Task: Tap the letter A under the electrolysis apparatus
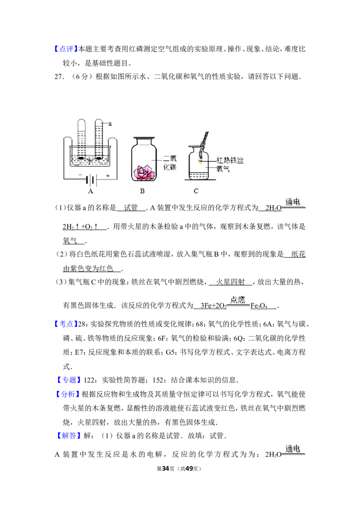[x=90, y=191]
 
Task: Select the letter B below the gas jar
[x=142, y=191]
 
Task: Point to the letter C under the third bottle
[x=196, y=191]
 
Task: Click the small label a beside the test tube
[x=110, y=124]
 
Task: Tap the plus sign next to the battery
[x=108, y=176]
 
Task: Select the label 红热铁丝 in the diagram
[x=230, y=160]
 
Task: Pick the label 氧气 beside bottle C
[x=223, y=169]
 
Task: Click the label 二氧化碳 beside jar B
[x=170, y=163]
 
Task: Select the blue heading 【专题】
[x=68, y=380]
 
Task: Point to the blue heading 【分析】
[x=67, y=394]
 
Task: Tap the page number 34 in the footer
[x=166, y=469]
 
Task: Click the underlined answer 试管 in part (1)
[x=131, y=208]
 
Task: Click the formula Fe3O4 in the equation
[x=259, y=306]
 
